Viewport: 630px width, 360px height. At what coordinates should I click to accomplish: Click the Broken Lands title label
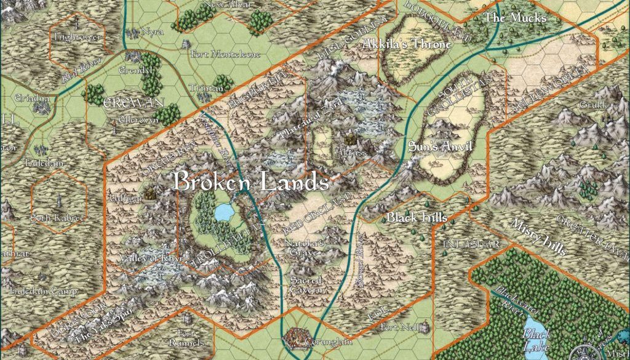[249, 182]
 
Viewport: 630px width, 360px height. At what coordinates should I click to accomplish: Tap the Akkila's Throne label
[407, 44]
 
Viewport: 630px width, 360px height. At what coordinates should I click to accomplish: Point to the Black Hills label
[417, 218]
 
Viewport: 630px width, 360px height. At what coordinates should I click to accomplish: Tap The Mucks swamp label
[515, 18]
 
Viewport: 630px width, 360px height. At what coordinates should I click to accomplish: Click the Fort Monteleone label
[225, 54]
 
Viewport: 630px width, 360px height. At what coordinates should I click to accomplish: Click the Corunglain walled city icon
[298, 338]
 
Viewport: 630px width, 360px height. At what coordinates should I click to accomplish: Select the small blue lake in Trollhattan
[222, 212]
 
